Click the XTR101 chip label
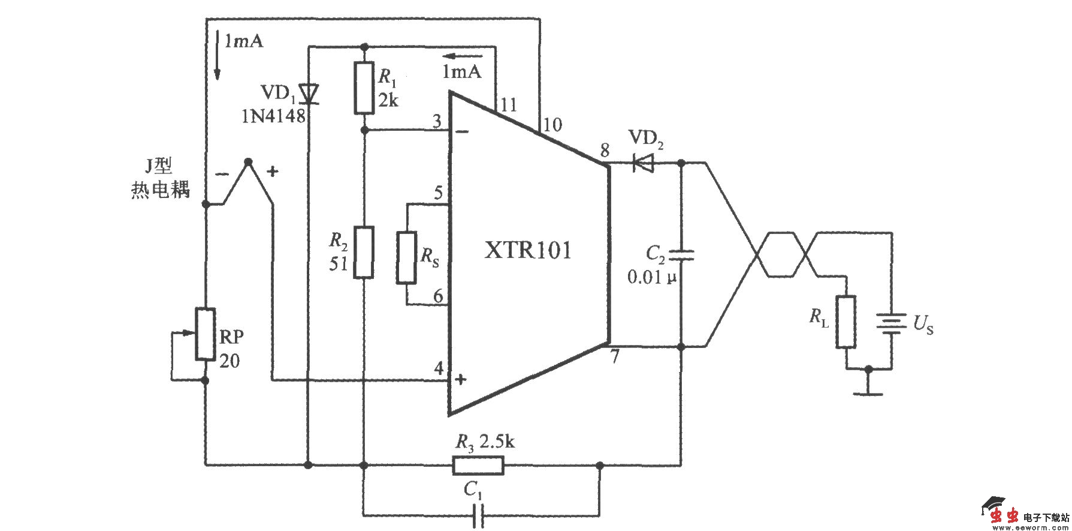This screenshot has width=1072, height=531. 528,250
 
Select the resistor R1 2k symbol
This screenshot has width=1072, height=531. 364,88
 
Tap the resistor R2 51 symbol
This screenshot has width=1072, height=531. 364,251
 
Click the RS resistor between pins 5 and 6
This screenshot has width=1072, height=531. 406,257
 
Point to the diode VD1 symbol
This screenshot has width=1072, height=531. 309,93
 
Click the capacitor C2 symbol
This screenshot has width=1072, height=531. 681,256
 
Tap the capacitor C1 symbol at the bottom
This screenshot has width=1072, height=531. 478,515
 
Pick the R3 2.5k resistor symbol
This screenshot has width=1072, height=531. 478,465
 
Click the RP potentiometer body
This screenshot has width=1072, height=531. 206,334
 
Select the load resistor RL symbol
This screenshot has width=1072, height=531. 846,322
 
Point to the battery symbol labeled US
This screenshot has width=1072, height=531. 891,325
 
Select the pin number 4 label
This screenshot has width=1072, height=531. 439,368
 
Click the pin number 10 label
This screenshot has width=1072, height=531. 552,125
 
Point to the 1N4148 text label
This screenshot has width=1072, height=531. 273,116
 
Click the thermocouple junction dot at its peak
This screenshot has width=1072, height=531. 249,161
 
